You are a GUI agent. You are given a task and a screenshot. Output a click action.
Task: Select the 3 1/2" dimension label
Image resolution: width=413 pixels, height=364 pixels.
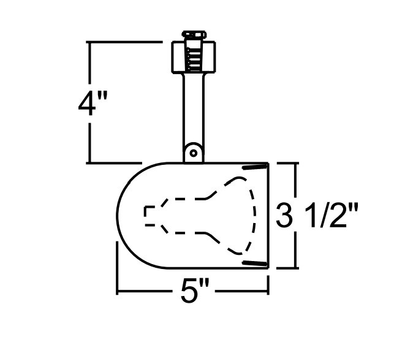316,216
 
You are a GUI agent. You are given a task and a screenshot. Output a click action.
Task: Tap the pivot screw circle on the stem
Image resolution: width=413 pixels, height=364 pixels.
193,151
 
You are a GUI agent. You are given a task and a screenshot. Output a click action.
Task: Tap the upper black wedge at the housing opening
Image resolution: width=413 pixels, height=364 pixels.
255,167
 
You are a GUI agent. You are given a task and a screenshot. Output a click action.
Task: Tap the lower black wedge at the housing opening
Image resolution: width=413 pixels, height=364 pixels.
255,263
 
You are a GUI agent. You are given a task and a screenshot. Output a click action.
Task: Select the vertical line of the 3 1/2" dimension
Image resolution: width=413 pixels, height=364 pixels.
297,184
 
